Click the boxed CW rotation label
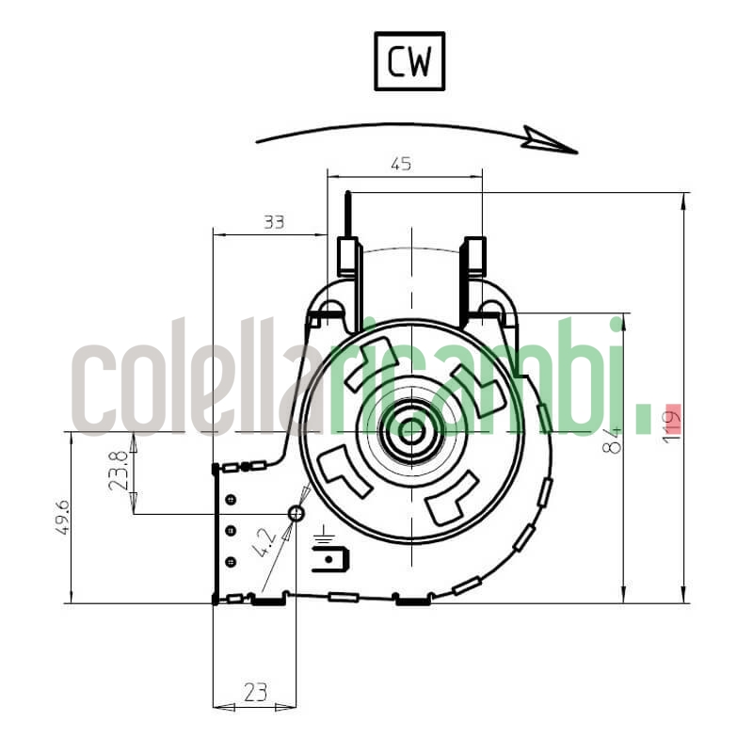(409, 62)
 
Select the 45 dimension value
(400, 164)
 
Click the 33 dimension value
(273, 222)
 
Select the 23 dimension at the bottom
(254, 693)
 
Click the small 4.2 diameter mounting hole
(296, 513)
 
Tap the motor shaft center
(412, 431)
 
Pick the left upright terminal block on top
(349, 257)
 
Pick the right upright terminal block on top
(475, 257)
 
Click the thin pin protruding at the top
(349, 213)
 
